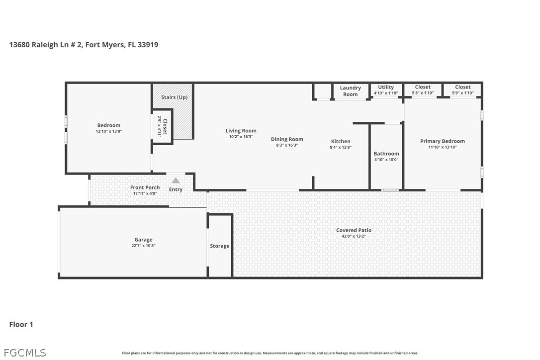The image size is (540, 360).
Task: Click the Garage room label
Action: (x=143, y=240)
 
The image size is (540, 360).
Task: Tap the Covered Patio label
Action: (x=354, y=230)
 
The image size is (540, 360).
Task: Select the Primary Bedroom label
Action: (x=442, y=141)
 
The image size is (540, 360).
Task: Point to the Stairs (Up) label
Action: (x=174, y=97)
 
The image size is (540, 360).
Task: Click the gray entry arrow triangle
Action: (x=176, y=180)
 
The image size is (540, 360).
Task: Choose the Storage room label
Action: (x=220, y=246)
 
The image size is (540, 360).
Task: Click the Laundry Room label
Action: (x=350, y=91)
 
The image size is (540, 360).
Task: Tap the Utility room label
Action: (x=386, y=87)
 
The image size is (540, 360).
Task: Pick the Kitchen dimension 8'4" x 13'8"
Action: (x=341, y=148)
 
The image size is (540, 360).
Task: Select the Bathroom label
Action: (x=386, y=154)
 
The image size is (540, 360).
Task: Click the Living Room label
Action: (x=241, y=131)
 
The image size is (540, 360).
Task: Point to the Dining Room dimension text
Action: (x=287, y=145)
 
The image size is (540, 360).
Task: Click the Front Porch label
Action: (x=145, y=187)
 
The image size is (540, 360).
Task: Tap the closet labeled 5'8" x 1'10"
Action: (x=423, y=90)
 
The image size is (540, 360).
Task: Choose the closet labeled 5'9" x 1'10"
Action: (x=462, y=90)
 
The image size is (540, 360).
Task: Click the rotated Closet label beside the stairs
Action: (x=165, y=126)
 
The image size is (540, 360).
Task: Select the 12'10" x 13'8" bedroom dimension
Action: (x=109, y=131)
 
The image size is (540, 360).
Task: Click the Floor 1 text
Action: (x=21, y=325)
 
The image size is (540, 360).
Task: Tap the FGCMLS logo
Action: (x=25, y=353)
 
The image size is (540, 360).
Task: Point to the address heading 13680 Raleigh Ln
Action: (x=84, y=45)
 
